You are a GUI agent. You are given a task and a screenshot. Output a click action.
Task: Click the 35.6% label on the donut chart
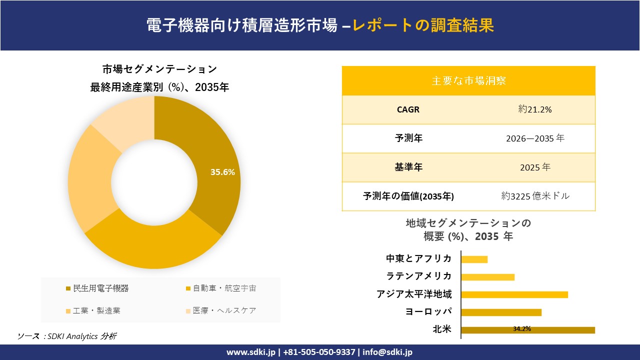(222, 172)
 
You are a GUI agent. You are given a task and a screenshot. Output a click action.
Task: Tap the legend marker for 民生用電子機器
(68, 288)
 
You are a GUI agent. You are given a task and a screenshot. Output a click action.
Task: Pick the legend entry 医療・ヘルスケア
(224, 310)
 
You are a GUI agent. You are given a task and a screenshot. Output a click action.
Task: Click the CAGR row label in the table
(408, 109)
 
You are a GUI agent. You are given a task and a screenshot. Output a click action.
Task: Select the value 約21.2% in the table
(535, 109)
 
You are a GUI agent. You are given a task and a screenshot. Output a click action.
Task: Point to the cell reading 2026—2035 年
(535, 138)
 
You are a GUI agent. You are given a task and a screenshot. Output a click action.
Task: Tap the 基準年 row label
(408, 167)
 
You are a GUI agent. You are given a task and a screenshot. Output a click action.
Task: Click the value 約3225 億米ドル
(535, 196)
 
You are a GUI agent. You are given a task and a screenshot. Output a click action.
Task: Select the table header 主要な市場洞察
(468, 80)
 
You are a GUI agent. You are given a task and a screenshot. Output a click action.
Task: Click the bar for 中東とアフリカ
(474, 259)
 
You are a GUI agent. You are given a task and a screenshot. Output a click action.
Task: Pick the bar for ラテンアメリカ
(487, 277)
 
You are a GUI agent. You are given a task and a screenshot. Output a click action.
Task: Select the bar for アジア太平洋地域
(514, 294)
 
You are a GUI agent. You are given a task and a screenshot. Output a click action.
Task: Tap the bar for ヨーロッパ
(501, 312)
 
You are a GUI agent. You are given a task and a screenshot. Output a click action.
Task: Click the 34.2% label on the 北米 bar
(521, 329)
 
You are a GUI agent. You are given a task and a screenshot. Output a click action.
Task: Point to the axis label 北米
(442, 329)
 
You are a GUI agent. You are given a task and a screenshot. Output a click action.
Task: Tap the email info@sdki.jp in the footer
(387, 352)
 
